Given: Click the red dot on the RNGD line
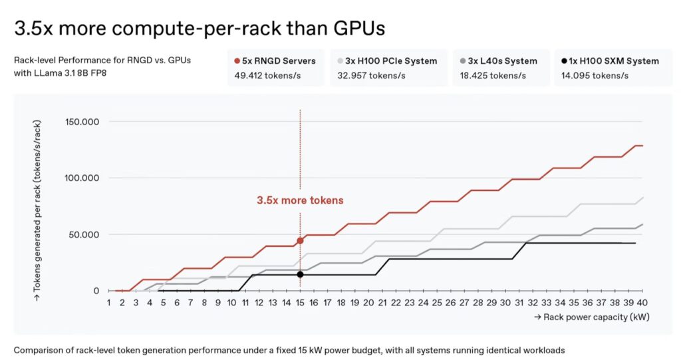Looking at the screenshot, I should [300, 240].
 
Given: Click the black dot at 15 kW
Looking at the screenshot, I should [300, 274].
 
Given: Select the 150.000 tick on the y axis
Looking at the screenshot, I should [82, 122].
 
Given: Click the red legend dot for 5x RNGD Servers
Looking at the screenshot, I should [237, 61].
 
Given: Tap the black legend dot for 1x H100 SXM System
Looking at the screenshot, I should [564, 61].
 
